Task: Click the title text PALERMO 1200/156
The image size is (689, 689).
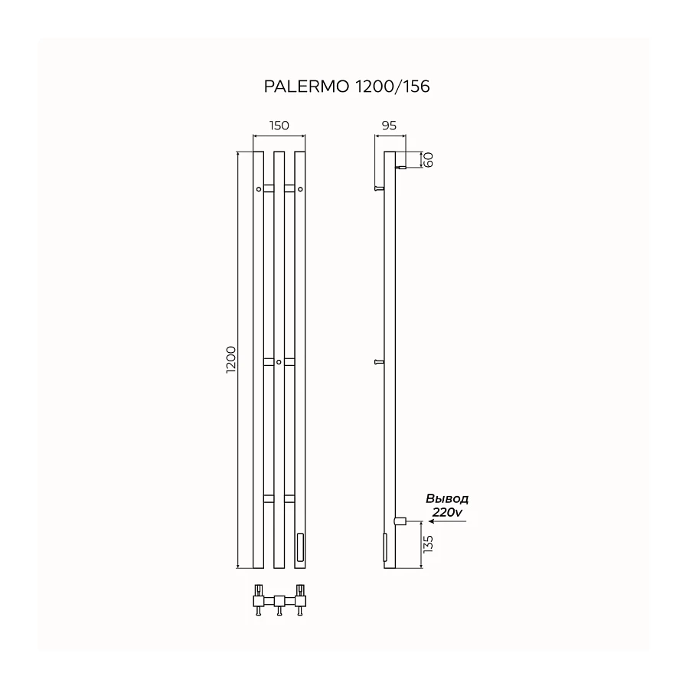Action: pos(347,87)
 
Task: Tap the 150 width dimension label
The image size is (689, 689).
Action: pos(279,126)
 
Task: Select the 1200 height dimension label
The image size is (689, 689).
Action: pos(231,360)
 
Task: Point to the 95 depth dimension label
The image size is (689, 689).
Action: pos(390,126)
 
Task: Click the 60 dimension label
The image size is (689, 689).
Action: pos(429,159)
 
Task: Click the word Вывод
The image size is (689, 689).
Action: pos(447,498)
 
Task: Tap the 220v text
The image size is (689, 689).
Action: pos(447,512)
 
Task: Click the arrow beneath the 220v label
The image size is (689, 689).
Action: pos(447,521)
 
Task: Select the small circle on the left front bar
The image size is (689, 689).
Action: pos(259,189)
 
